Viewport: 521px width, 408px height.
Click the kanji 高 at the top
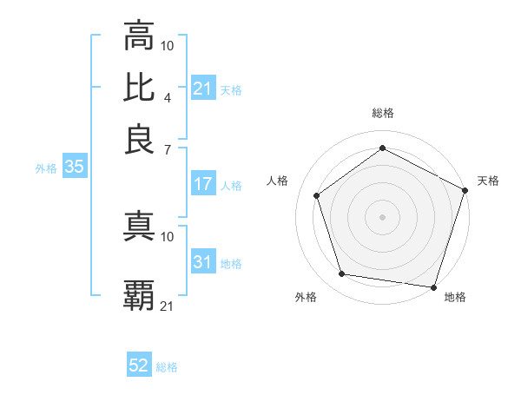coord(139,37)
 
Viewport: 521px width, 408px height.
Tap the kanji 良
coord(139,139)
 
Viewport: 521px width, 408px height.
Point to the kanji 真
coord(139,227)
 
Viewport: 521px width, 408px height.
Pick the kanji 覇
coord(139,296)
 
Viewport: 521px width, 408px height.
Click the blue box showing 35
coord(74,168)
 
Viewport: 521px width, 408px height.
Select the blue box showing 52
coord(139,365)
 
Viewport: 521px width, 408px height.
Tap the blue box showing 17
coord(203,184)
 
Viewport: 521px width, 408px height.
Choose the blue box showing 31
coord(203,262)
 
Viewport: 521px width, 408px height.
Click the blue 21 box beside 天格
coord(203,89)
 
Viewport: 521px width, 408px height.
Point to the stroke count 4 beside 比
coord(167,97)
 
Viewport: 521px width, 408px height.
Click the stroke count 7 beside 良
coord(167,149)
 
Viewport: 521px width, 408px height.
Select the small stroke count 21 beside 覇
coord(168,306)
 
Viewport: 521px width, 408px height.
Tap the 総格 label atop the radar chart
coord(383,113)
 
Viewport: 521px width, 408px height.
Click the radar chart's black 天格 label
coord(488,181)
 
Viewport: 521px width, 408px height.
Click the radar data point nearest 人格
coord(317,195)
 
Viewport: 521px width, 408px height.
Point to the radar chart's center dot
coord(383,216)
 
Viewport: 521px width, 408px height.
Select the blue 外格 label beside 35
coord(46,168)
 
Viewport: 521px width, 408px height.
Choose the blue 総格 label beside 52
coord(167,367)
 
